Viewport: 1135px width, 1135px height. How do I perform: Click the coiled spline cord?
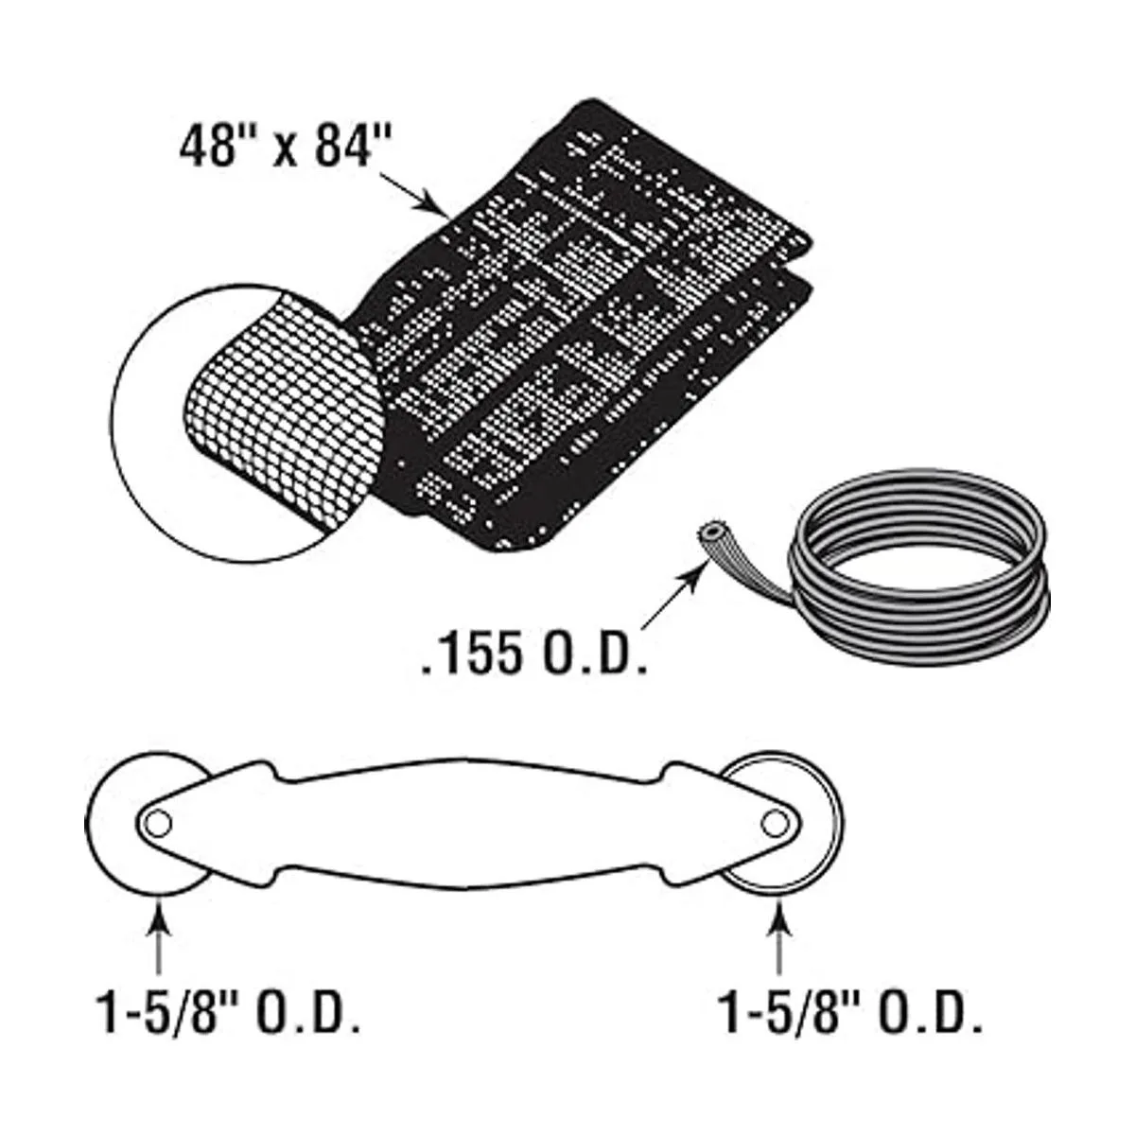pyautogui.click(x=922, y=567)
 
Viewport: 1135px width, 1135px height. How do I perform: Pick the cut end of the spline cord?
pyautogui.click(x=705, y=533)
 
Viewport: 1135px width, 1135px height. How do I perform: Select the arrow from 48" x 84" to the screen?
pyautogui.click(x=416, y=195)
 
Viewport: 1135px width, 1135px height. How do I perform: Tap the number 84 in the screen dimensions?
pyautogui.click(x=345, y=149)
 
